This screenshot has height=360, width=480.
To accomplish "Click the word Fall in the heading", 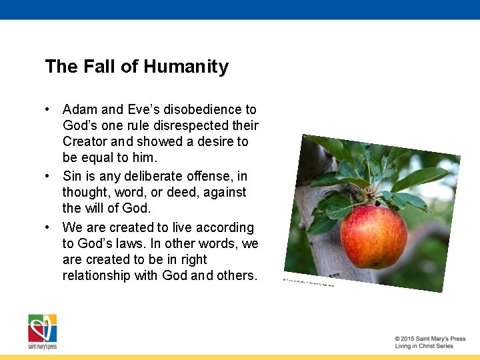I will (99, 67).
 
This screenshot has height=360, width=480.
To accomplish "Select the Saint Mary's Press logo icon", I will (42, 328).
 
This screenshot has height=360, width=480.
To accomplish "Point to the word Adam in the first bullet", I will (79, 109).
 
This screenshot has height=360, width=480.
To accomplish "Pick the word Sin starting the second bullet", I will (73, 176).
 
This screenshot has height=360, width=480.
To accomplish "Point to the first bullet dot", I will (48, 109).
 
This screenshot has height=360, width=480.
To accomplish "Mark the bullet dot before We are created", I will (48, 227).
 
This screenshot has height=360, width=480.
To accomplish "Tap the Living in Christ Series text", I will (424, 346).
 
